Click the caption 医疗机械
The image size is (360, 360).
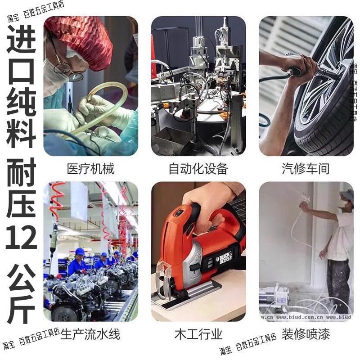click(x=90, y=169)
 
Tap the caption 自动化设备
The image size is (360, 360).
click(x=198, y=169)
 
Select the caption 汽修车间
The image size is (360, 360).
click(x=306, y=169)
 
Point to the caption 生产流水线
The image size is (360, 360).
click(x=90, y=334)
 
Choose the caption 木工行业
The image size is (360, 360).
click(x=198, y=334)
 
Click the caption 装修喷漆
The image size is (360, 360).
click(x=306, y=334)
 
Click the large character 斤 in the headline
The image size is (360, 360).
click(x=21, y=306)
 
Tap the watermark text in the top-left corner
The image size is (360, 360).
click(x=36, y=11)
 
